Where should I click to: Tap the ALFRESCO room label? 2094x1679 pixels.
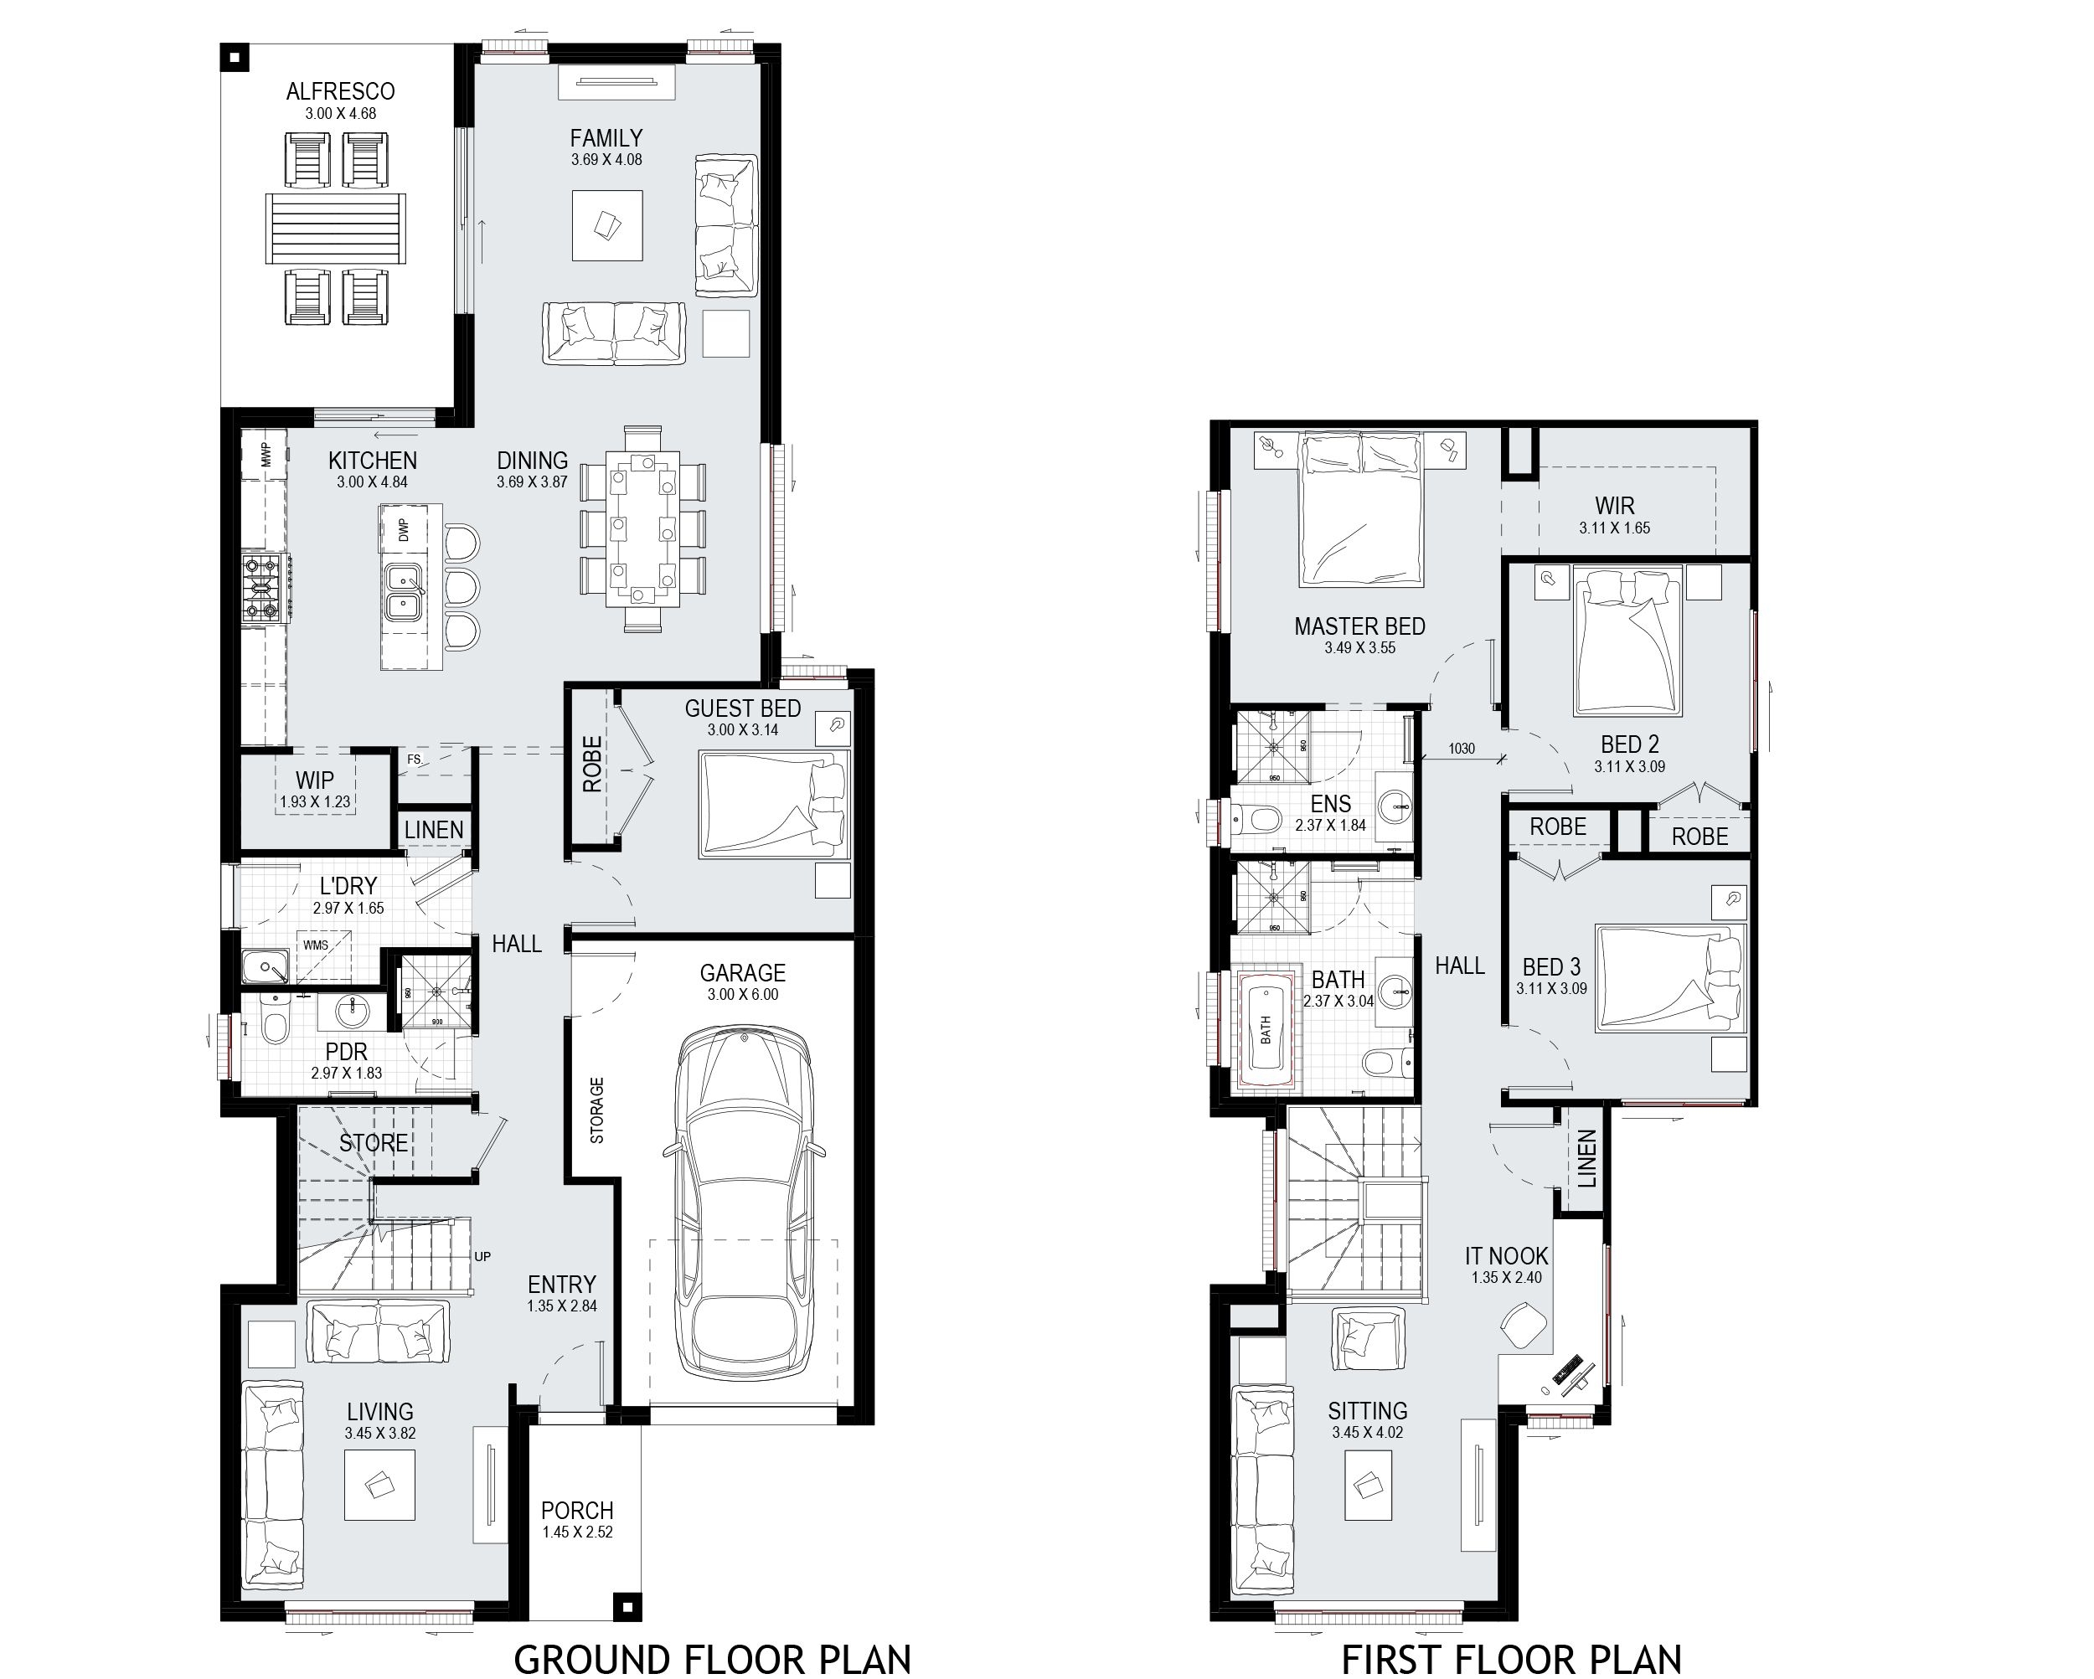[340, 91]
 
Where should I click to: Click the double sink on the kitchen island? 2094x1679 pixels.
[402, 592]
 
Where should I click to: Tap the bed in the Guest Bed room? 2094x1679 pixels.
[773, 804]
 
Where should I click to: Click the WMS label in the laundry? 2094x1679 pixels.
[316, 945]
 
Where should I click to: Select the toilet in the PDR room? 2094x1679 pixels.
[275, 1023]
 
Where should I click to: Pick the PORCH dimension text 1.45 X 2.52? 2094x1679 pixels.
[577, 1532]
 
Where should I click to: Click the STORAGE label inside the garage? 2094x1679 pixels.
[597, 1110]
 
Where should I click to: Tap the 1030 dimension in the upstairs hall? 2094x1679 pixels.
[1461, 749]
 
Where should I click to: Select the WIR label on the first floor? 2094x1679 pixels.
[1614, 506]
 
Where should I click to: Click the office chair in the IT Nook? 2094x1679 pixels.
[1524, 1326]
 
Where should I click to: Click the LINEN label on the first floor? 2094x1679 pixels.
[1586, 1158]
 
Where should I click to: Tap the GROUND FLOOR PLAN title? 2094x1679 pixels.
[712, 1659]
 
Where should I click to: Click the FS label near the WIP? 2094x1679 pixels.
[415, 760]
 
